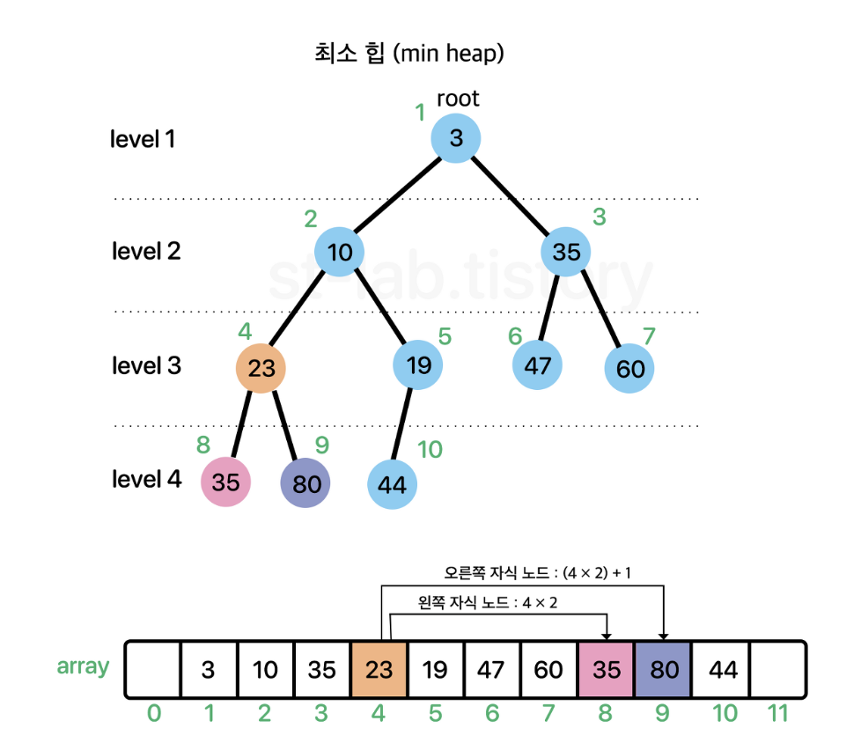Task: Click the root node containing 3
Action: pyautogui.click(x=456, y=138)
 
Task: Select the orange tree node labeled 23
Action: pyautogui.click(x=261, y=368)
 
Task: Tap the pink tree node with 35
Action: pyautogui.click(x=225, y=482)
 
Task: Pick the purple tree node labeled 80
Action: pyautogui.click(x=305, y=482)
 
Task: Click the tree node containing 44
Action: pyautogui.click(x=392, y=484)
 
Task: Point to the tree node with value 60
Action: pyautogui.click(x=629, y=368)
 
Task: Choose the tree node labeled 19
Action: pyautogui.click(x=418, y=364)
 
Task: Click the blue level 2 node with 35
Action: pyautogui.click(x=565, y=252)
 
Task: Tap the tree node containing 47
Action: pyautogui.click(x=537, y=364)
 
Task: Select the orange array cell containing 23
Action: pyautogui.click(x=379, y=669)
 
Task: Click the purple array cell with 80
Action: pyautogui.click(x=663, y=669)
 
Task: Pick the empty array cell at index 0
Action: pyautogui.click(x=153, y=669)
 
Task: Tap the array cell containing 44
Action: pyautogui.click(x=720, y=669)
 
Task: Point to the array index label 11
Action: pyautogui.click(x=777, y=713)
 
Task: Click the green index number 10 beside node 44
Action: pyautogui.click(x=430, y=449)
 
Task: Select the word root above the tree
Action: pyautogui.click(x=458, y=99)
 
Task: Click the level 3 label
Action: pyautogui.click(x=146, y=365)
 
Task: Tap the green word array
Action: pyautogui.click(x=83, y=667)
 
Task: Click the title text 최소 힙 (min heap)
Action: pyautogui.click(x=409, y=54)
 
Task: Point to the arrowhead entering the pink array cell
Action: pyautogui.click(x=607, y=636)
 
